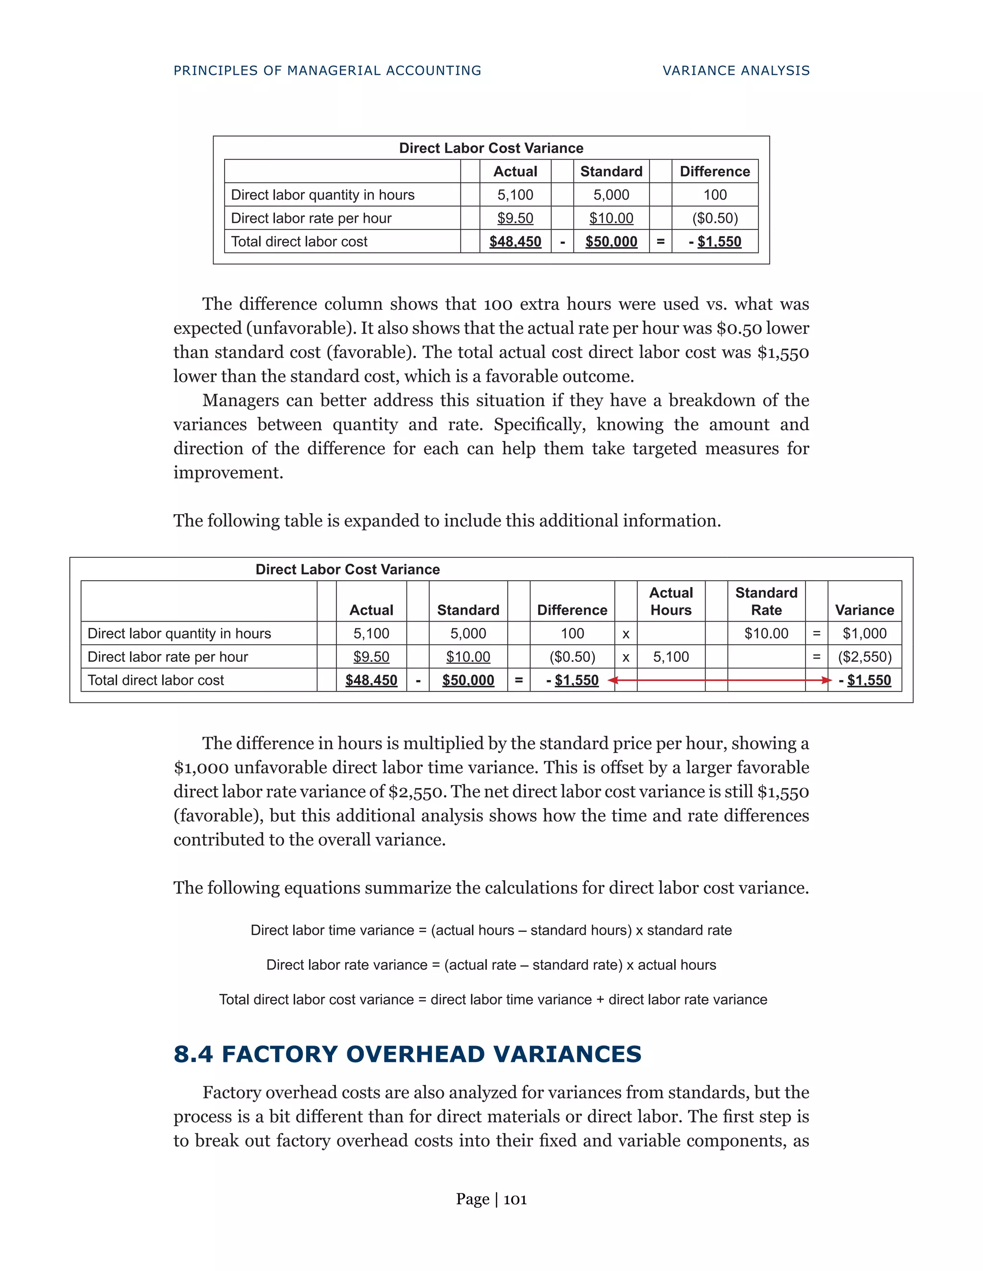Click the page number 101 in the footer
515,1200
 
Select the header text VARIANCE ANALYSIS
736,71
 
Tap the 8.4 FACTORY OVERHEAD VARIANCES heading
407,1054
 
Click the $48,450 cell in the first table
515,242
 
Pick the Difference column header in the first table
715,172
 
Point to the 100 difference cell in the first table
715,195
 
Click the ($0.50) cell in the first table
715,218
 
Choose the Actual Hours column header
671,601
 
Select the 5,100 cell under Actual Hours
671,657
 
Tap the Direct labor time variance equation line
491,930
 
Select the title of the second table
348,569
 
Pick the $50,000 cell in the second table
468,680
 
